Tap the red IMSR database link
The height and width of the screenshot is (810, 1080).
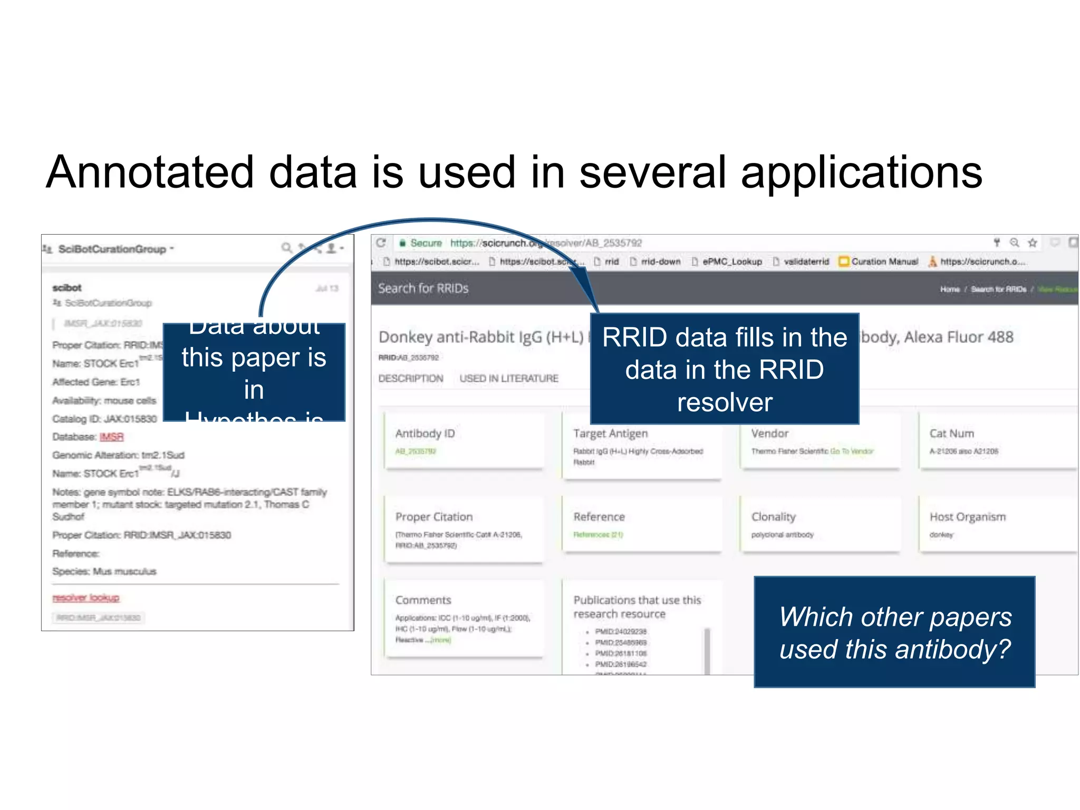pyautogui.click(x=111, y=437)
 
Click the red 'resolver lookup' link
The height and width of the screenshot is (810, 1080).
pyautogui.click(x=86, y=597)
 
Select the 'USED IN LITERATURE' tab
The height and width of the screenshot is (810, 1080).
pyautogui.click(x=508, y=379)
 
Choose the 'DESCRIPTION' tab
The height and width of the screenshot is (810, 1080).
pyautogui.click(x=411, y=379)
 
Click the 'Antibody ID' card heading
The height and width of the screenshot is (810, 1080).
pyautogui.click(x=425, y=433)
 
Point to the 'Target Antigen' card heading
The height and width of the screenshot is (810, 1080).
pyautogui.click(x=610, y=433)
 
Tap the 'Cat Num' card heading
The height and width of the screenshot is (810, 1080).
pyautogui.click(x=951, y=433)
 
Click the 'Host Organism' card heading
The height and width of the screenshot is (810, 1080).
pyautogui.click(x=967, y=517)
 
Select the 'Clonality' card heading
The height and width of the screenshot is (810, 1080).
pyautogui.click(x=773, y=517)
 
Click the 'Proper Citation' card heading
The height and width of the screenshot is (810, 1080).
pyautogui.click(x=434, y=517)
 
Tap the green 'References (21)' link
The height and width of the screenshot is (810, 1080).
pyautogui.click(x=598, y=535)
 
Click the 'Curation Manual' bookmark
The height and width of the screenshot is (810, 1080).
pyautogui.click(x=884, y=262)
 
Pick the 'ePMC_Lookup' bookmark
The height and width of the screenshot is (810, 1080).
pyautogui.click(x=731, y=262)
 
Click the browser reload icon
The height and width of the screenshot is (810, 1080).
pyautogui.click(x=381, y=243)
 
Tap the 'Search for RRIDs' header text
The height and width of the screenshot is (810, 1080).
pyautogui.click(x=423, y=288)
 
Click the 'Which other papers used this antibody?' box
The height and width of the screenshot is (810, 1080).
pyautogui.click(x=894, y=632)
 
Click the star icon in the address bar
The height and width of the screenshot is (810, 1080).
pyautogui.click(x=1033, y=243)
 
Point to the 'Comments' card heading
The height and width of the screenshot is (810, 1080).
pyautogui.click(x=423, y=600)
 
